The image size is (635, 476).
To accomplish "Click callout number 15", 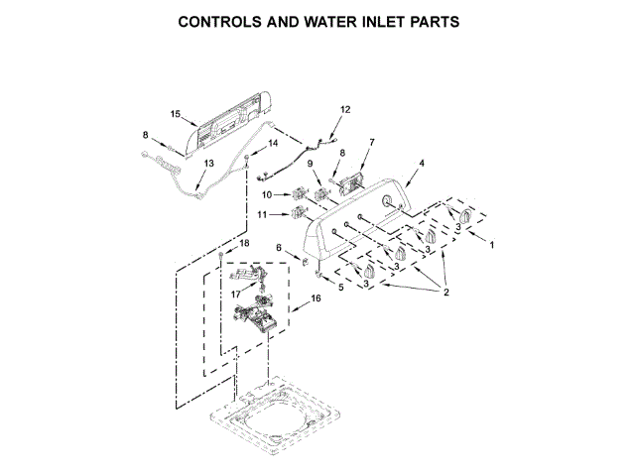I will tap(175, 115).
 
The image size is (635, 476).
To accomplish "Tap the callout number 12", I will tap(345, 109).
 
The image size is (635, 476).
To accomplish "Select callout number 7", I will tap(371, 142).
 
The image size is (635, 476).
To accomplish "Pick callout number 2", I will tap(446, 292).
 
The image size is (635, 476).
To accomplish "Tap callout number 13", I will tap(208, 163).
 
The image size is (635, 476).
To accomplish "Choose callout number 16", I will tap(317, 297).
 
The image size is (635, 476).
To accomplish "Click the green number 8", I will tap(144, 134).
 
